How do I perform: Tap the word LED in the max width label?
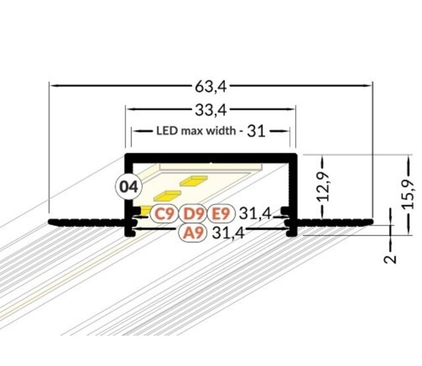click(165, 131)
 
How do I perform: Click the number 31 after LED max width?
click(256, 131)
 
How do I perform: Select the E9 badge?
click(220, 213)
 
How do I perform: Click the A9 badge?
click(194, 232)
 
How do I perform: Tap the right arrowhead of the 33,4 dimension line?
click(290, 108)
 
